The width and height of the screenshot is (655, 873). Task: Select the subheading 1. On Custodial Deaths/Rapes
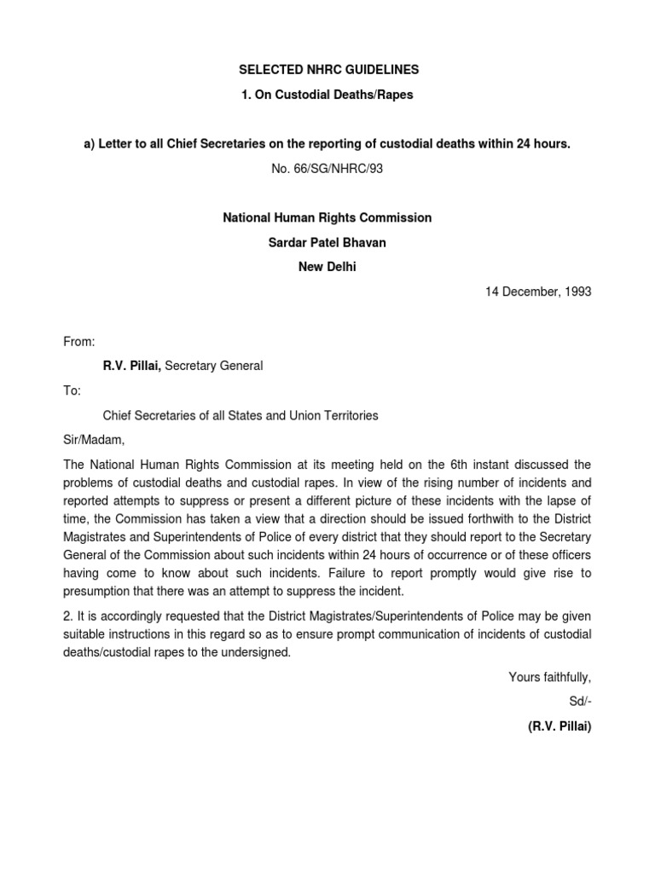pyautogui.click(x=327, y=95)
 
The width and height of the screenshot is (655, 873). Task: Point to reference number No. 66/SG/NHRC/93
pyautogui.click(x=327, y=169)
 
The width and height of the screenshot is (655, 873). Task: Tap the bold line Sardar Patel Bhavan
pyautogui.click(x=327, y=242)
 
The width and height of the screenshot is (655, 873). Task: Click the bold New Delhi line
pyautogui.click(x=327, y=266)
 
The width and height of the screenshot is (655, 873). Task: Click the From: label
pyautogui.click(x=80, y=341)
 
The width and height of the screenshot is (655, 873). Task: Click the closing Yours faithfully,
pyautogui.click(x=549, y=677)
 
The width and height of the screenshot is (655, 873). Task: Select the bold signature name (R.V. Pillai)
pyautogui.click(x=559, y=726)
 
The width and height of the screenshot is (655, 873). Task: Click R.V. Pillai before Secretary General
pyautogui.click(x=131, y=366)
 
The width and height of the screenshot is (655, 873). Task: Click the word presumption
pyautogui.click(x=99, y=592)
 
